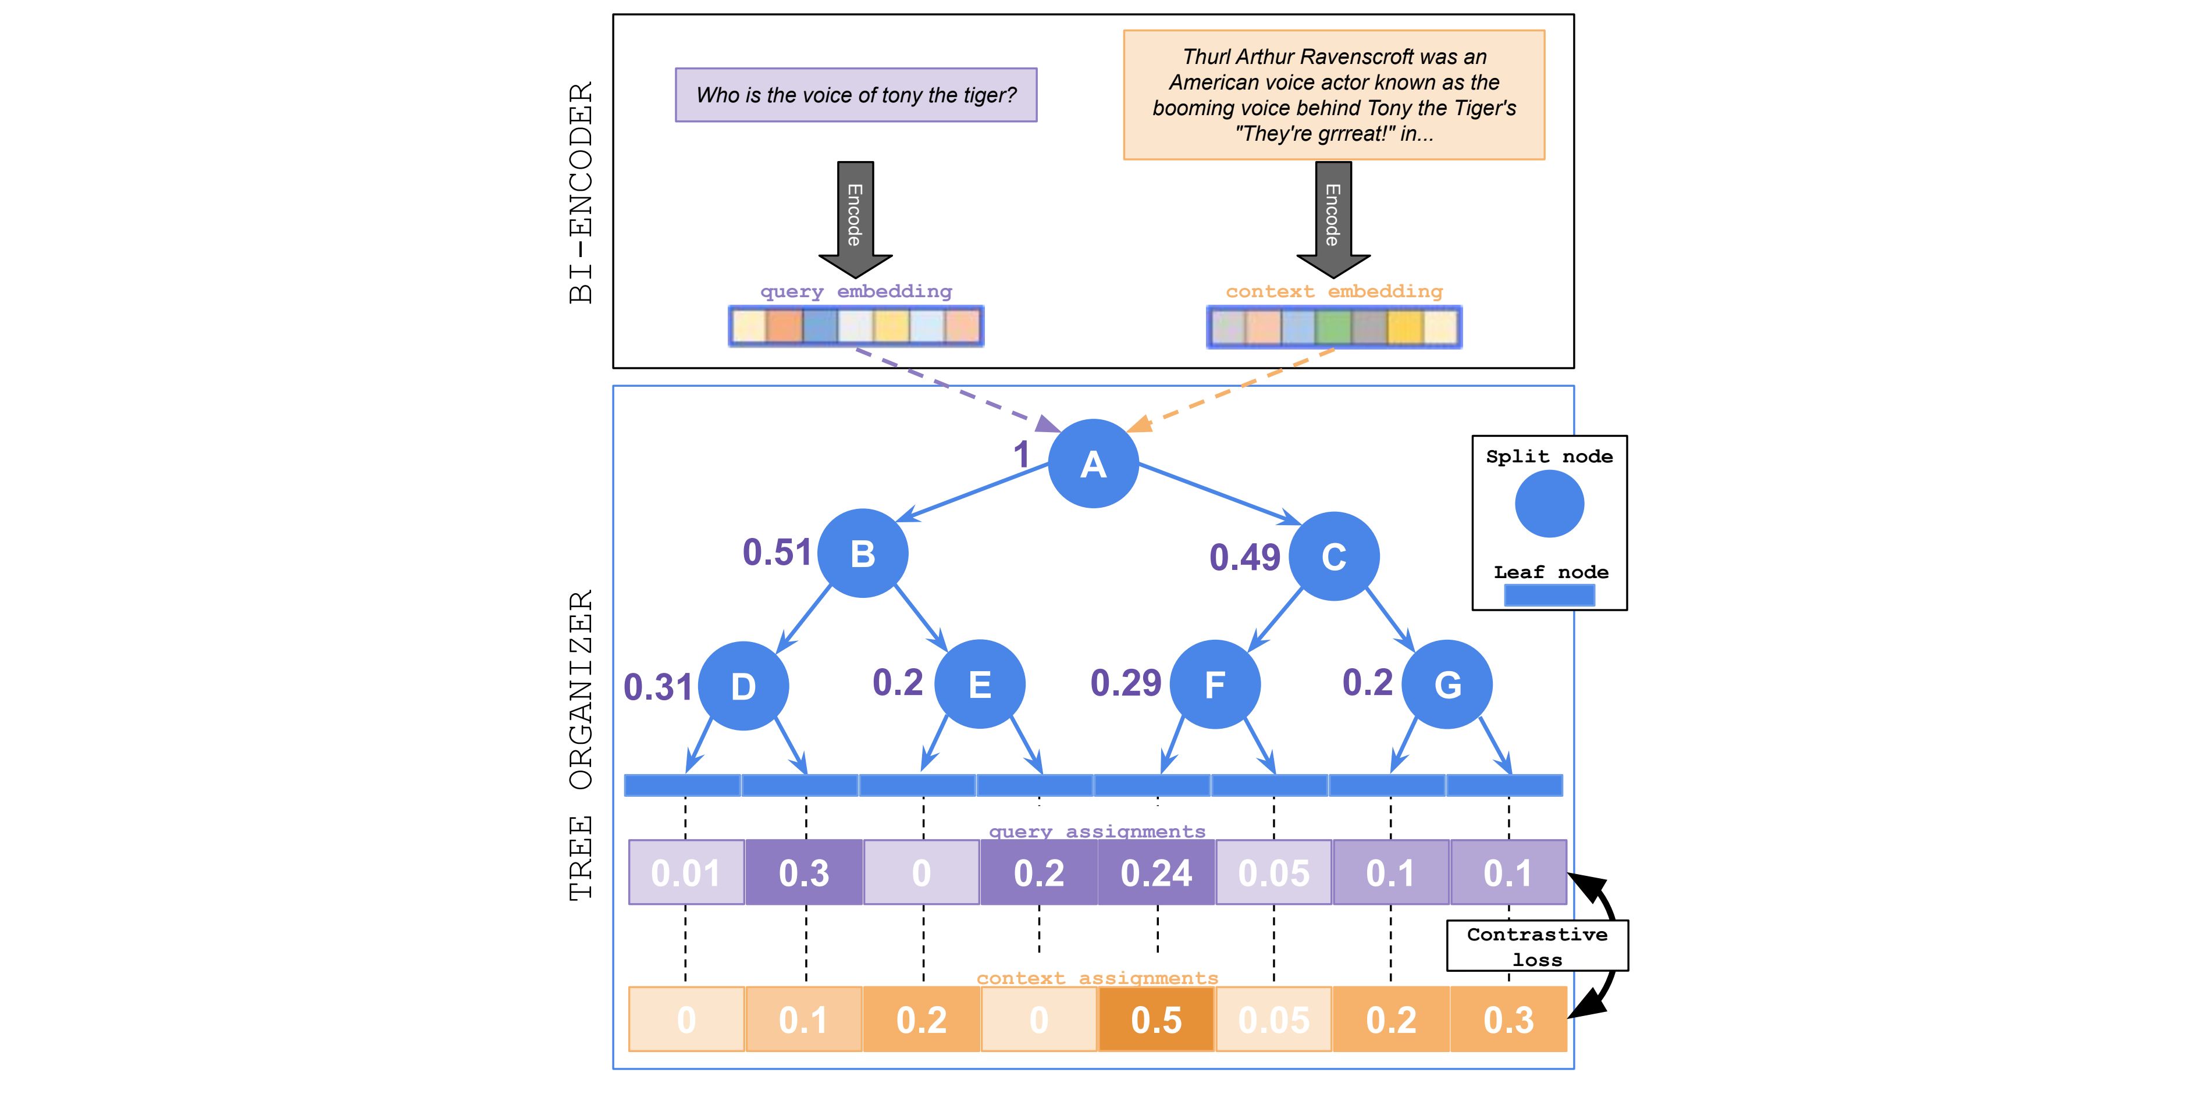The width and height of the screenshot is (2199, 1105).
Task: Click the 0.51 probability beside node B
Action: point(777,552)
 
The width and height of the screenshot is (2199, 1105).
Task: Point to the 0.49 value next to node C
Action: point(1244,557)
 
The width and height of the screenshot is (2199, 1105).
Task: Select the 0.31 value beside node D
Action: point(657,687)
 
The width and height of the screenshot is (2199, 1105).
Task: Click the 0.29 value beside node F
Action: point(1126,683)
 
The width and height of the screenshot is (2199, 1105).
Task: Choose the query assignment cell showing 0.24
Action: point(1156,872)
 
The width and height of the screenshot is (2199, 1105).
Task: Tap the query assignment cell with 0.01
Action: point(686,872)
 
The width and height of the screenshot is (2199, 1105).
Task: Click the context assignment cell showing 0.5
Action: point(1156,1019)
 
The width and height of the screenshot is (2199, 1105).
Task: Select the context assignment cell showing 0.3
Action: point(1508,1019)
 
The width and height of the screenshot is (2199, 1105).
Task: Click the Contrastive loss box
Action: point(1538,946)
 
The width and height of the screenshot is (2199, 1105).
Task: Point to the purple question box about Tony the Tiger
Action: point(856,95)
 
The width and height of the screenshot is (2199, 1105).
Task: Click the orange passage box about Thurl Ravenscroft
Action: point(1335,95)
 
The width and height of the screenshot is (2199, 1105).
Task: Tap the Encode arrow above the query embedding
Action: point(855,219)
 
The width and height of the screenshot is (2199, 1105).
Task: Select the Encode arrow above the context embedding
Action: point(1333,219)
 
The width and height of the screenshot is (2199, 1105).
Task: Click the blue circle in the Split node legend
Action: point(1549,504)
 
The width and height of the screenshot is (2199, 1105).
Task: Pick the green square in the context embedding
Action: point(1333,327)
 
